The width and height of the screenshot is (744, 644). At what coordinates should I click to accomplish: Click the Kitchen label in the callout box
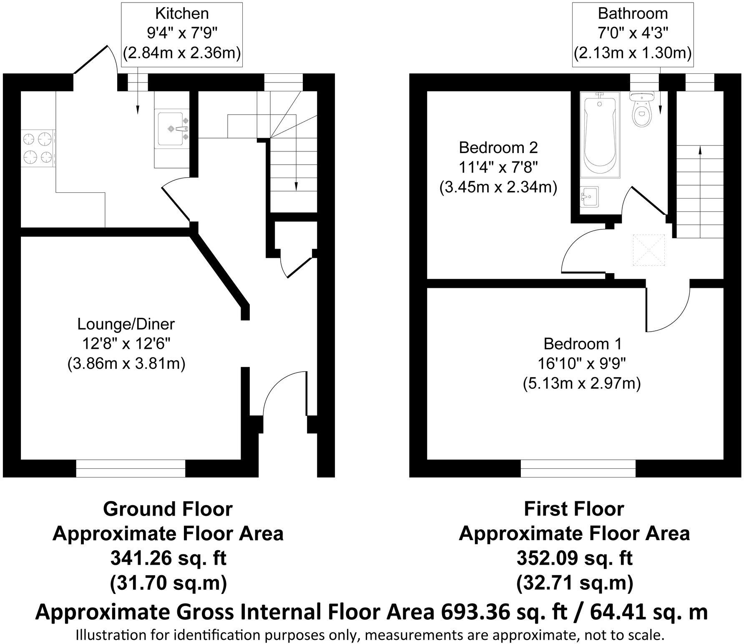coord(182,13)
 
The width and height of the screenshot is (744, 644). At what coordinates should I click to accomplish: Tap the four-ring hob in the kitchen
coord(38,148)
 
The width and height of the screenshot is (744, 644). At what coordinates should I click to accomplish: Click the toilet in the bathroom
coord(641,111)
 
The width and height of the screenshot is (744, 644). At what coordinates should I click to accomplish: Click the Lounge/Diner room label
coord(126,324)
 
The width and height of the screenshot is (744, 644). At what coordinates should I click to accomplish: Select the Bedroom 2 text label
coord(498,148)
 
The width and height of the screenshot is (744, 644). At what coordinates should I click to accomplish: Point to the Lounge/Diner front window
coord(131,468)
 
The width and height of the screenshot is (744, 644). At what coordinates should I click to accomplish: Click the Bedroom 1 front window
coord(578,468)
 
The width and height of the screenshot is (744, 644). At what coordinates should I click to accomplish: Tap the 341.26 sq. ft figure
coord(168,558)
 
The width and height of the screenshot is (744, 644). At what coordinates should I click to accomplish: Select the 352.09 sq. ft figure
coord(574,558)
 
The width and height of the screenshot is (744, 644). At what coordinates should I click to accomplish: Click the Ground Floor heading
coord(168,509)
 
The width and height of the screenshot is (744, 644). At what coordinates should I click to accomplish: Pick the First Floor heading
coord(574,509)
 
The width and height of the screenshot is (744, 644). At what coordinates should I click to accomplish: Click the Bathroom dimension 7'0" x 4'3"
coord(633,33)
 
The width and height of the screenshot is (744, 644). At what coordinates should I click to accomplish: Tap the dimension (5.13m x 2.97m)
coord(582,383)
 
